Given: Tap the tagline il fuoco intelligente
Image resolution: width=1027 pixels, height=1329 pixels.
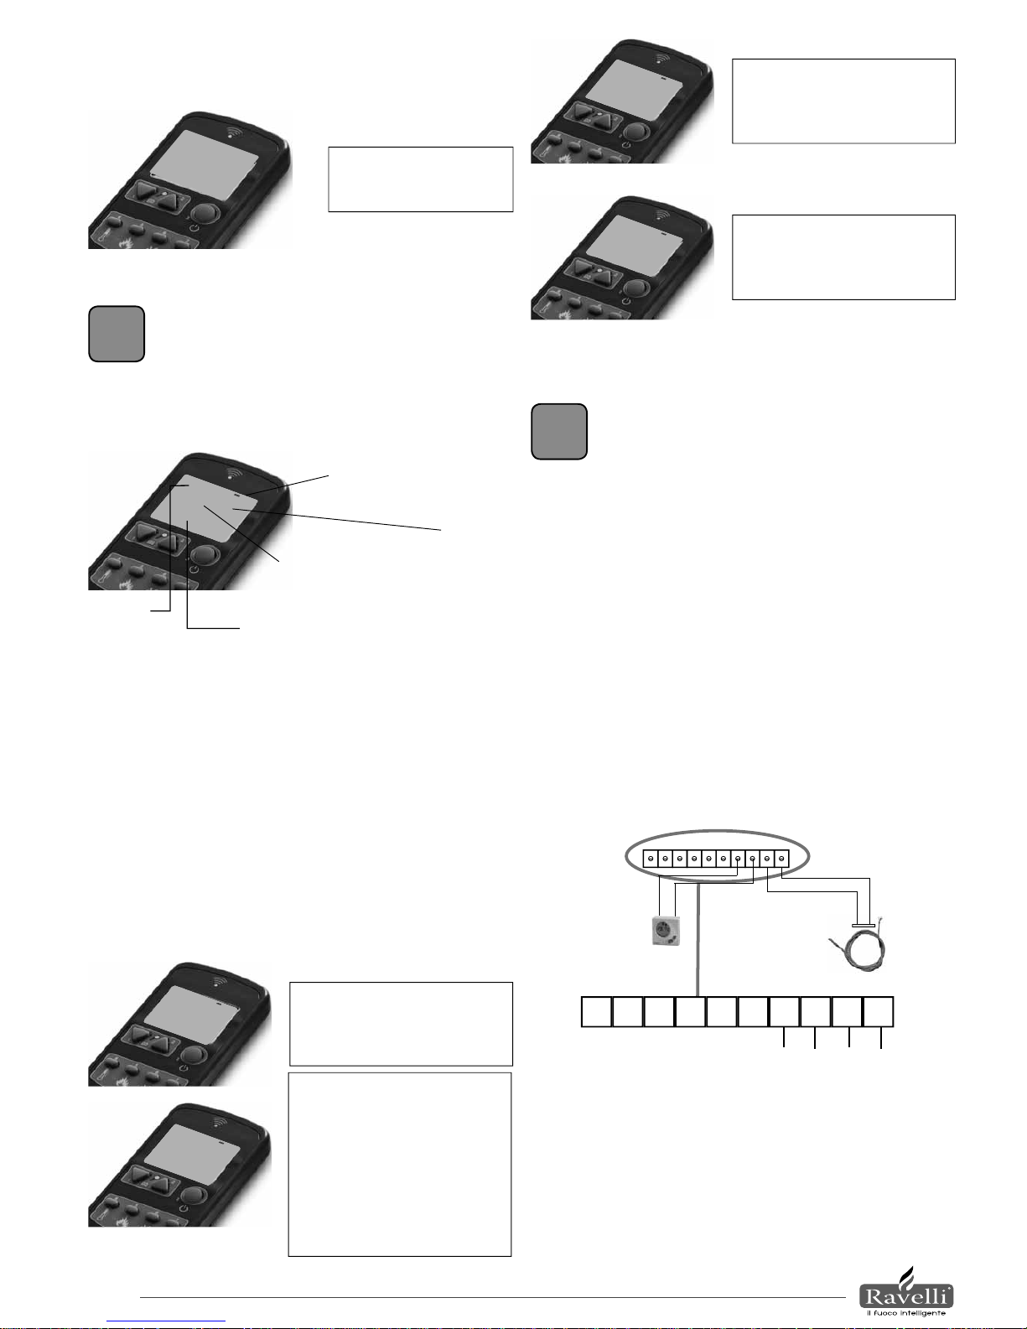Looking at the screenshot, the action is [905, 1313].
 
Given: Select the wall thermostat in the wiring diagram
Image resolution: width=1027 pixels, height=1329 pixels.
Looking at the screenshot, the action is [666, 931].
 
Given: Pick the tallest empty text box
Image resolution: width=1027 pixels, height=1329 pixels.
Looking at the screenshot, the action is [400, 1164].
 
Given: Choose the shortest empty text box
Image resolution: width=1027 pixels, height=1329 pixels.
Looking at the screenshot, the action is [420, 179].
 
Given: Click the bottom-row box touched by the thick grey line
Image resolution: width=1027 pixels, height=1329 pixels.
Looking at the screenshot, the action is [691, 1012].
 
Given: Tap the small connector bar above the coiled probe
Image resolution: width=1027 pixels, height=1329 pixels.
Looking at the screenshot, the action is [864, 926].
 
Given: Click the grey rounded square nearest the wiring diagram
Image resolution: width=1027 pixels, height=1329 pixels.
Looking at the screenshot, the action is [559, 432].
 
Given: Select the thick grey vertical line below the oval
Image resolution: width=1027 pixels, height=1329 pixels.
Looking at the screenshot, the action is [698, 939].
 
